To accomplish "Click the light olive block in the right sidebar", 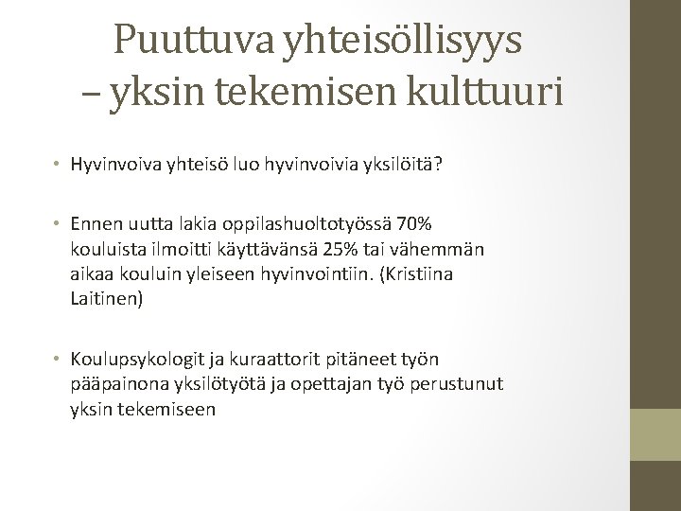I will [x=655, y=434].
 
